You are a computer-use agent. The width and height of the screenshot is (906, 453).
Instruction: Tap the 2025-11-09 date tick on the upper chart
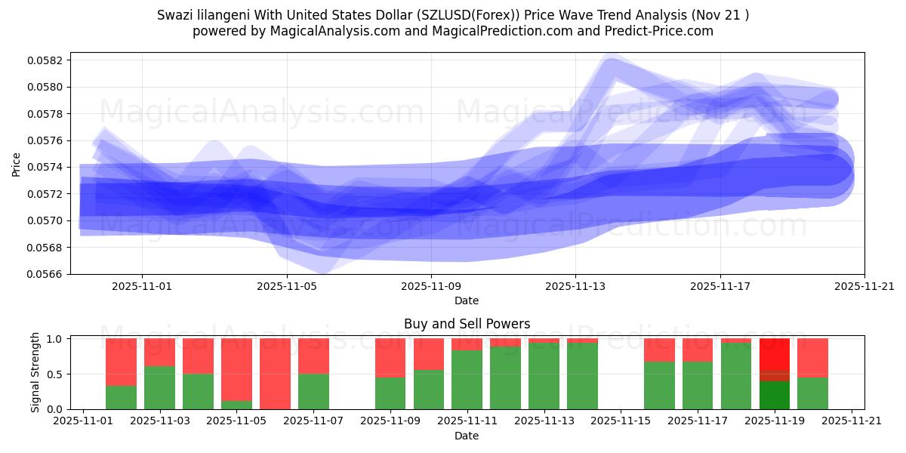point(431,287)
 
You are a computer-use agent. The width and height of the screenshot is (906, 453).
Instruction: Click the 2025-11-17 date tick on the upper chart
point(720,287)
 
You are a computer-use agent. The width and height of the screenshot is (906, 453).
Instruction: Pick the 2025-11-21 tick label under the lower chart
point(852,422)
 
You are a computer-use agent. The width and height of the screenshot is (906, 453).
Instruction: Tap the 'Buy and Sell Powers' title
point(467,324)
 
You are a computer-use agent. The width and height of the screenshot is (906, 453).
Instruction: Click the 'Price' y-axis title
point(17,163)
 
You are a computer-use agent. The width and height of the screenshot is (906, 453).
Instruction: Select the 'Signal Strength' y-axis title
point(35,373)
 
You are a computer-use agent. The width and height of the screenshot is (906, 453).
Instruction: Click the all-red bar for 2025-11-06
point(275,374)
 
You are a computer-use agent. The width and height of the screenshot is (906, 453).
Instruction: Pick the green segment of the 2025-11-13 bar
point(544,376)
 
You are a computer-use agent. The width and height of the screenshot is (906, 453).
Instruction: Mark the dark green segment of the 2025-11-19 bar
point(775,395)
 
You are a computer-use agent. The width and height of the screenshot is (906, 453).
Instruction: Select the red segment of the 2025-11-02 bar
point(121,362)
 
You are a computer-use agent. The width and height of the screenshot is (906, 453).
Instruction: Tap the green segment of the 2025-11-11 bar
point(467,380)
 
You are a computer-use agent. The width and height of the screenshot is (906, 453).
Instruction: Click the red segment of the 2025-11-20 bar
point(813,357)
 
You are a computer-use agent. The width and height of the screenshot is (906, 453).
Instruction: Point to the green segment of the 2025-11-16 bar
point(659,385)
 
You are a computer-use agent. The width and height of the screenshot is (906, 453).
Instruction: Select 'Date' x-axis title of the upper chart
point(467,300)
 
